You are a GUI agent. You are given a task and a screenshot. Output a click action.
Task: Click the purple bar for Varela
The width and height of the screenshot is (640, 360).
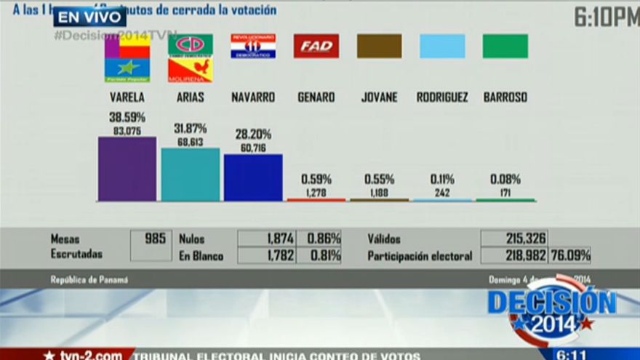127,169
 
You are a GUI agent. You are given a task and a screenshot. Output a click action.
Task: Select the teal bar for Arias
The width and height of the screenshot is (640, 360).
190,175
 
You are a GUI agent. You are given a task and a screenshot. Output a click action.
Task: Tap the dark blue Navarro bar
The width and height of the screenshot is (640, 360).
253,177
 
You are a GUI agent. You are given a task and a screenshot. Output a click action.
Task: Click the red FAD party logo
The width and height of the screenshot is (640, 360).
316,47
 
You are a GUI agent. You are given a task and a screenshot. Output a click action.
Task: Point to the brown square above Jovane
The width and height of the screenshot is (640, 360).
379,47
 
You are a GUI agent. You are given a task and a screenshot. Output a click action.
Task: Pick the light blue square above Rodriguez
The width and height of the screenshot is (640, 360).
442,47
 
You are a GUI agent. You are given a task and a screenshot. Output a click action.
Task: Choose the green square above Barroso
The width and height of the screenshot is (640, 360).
505,47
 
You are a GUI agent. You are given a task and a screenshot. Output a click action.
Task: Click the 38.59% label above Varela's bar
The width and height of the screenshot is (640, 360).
127,117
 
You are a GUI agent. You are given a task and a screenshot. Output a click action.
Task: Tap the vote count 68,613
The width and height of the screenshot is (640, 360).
190,143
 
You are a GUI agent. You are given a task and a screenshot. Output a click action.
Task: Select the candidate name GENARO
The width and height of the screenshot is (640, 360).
316,97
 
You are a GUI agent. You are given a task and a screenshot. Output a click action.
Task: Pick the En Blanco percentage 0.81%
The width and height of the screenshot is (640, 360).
324,255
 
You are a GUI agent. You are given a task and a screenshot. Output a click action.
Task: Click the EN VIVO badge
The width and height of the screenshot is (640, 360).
89,17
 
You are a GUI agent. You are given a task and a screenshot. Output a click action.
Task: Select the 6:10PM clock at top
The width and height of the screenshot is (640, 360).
606,17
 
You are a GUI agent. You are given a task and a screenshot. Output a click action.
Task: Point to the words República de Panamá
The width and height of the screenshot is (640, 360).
89,279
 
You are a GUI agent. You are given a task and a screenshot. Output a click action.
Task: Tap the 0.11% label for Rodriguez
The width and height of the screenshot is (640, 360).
442,179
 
